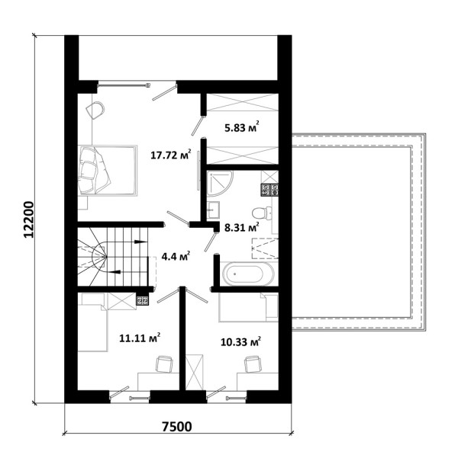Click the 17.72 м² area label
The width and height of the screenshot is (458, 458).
[x=171, y=154]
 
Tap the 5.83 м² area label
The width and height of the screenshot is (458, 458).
[x=242, y=127]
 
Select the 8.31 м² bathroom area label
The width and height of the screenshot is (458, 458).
[x=242, y=227]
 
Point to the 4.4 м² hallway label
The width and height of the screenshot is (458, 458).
[x=176, y=257]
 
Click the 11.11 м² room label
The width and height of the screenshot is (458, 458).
[x=140, y=338]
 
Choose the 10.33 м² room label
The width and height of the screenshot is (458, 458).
[x=240, y=341]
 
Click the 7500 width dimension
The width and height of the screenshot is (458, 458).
[x=177, y=427]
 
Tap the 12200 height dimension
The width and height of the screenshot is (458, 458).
[x=28, y=219]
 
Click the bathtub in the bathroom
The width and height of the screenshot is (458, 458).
[x=248, y=274]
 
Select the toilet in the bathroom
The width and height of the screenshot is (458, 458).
[x=262, y=213]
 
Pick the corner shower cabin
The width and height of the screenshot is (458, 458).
[x=220, y=184]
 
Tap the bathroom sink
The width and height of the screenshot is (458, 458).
[x=213, y=210]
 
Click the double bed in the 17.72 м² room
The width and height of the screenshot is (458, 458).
[x=107, y=171]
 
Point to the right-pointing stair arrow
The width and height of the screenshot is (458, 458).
[x=141, y=242]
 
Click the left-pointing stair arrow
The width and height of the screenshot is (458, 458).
[x=114, y=272]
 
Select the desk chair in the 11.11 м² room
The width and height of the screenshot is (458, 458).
[x=164, y=364]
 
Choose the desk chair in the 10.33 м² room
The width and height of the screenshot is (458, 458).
[x=253, y=364]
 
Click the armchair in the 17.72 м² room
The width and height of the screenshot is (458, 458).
[x=95, y=110]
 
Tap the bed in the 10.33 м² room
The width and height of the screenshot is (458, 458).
[x=248, y=307]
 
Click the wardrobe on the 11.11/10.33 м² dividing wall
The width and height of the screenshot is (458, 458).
[x=195, y=372]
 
